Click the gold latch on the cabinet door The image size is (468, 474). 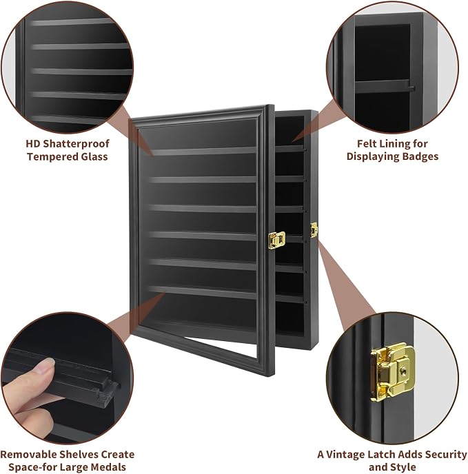click(x=276, y=240)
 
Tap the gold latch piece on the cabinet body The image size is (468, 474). click(x=314, y=230)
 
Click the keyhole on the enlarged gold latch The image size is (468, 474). click(x=402, y=369)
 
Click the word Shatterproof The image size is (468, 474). click(x=76, y=144)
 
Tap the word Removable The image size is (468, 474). click(x=28, y=455)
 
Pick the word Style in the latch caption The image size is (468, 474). click(x=403, y=467)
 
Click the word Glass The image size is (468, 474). click(x=94, y=157)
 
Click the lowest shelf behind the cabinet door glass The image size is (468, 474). click(x=203, y=292)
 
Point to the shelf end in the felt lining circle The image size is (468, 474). click(x=411, y=87)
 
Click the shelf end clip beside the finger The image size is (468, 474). click(x=108, y=391)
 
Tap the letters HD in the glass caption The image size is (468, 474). click(x=33, y=144)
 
